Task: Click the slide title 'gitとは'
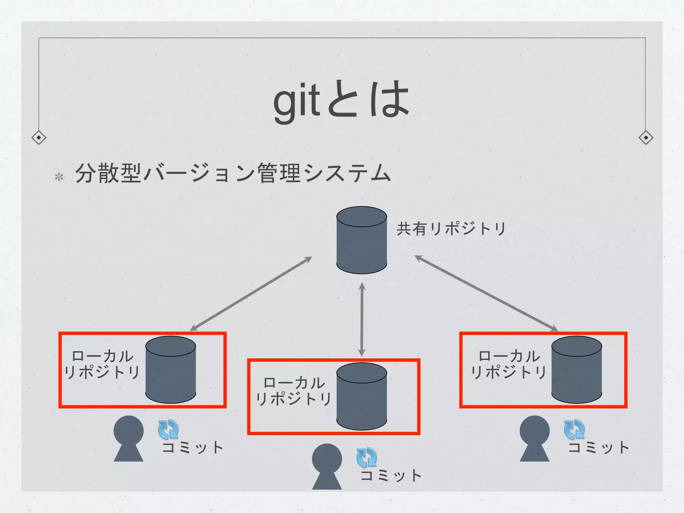click(341, 100)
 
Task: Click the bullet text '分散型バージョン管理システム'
click(233, 173)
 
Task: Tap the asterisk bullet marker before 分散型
click(59, 177)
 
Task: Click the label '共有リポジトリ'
click(451, 229)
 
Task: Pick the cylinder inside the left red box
click(171, 370)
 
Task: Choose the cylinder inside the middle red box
click(362, 396)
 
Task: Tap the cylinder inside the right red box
click(576, 370)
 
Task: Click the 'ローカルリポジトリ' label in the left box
click(102, 364)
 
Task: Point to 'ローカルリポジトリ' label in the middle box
click(294, 391)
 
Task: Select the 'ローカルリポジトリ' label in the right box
click(509, 364)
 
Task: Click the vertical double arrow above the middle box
click(362, 320)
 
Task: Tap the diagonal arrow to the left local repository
click(251, 294)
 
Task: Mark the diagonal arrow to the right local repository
click(486, 293)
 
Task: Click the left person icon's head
click(129, 431)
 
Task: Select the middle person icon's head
click(327, 459)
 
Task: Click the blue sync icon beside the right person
click(574, 430)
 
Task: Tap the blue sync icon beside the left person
click(168, 430)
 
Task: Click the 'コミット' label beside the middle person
click(391, 475)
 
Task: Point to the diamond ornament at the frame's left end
click(39, 137)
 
